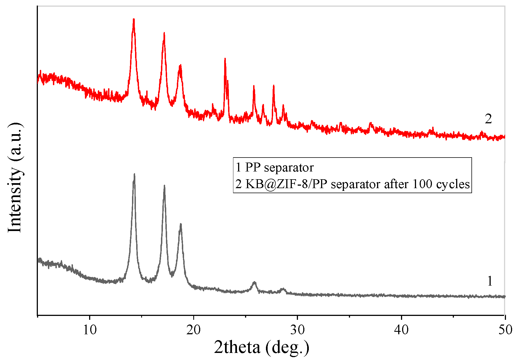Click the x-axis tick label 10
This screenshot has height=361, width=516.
tap(90, 330)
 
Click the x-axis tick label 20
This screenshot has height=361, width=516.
tap(194, 330)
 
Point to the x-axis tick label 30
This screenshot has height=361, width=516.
tap(297, 330)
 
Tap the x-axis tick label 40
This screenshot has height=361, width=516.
tap(401, 330)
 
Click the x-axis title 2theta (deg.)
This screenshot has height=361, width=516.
tap(261, 348)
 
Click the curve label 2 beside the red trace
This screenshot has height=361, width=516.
tap(488, 119)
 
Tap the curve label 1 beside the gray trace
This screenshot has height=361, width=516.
tap(490, 281)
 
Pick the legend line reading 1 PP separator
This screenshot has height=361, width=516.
tap(275, 168)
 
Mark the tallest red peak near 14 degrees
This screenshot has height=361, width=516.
tap(134, 20)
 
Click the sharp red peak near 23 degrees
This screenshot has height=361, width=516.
tap(225, 59)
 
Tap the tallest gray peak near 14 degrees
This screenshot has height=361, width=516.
tap(134, 175)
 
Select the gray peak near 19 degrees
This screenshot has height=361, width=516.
tap(181, 224)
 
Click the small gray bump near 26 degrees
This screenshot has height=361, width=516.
tap(254, 283)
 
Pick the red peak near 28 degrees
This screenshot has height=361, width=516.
tap(273, 86)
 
